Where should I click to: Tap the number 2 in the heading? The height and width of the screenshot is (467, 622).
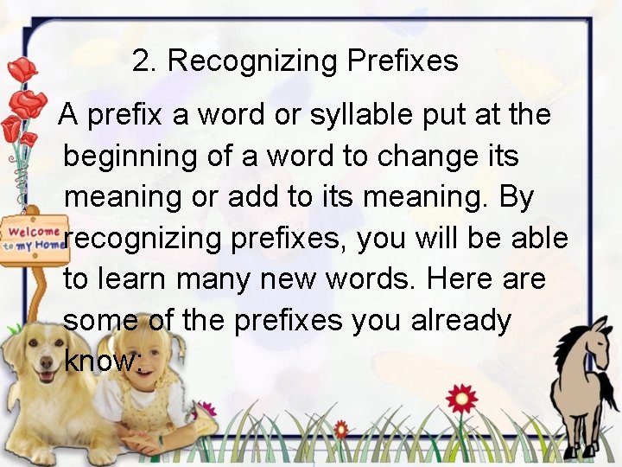tap(141, 61)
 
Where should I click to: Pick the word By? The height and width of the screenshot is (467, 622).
tap(517, 196)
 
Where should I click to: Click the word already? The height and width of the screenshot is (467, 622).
tap(461, 320)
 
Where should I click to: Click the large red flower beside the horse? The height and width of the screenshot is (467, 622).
tap(461, 399)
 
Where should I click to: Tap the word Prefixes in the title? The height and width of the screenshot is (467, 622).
tap(403, 61)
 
